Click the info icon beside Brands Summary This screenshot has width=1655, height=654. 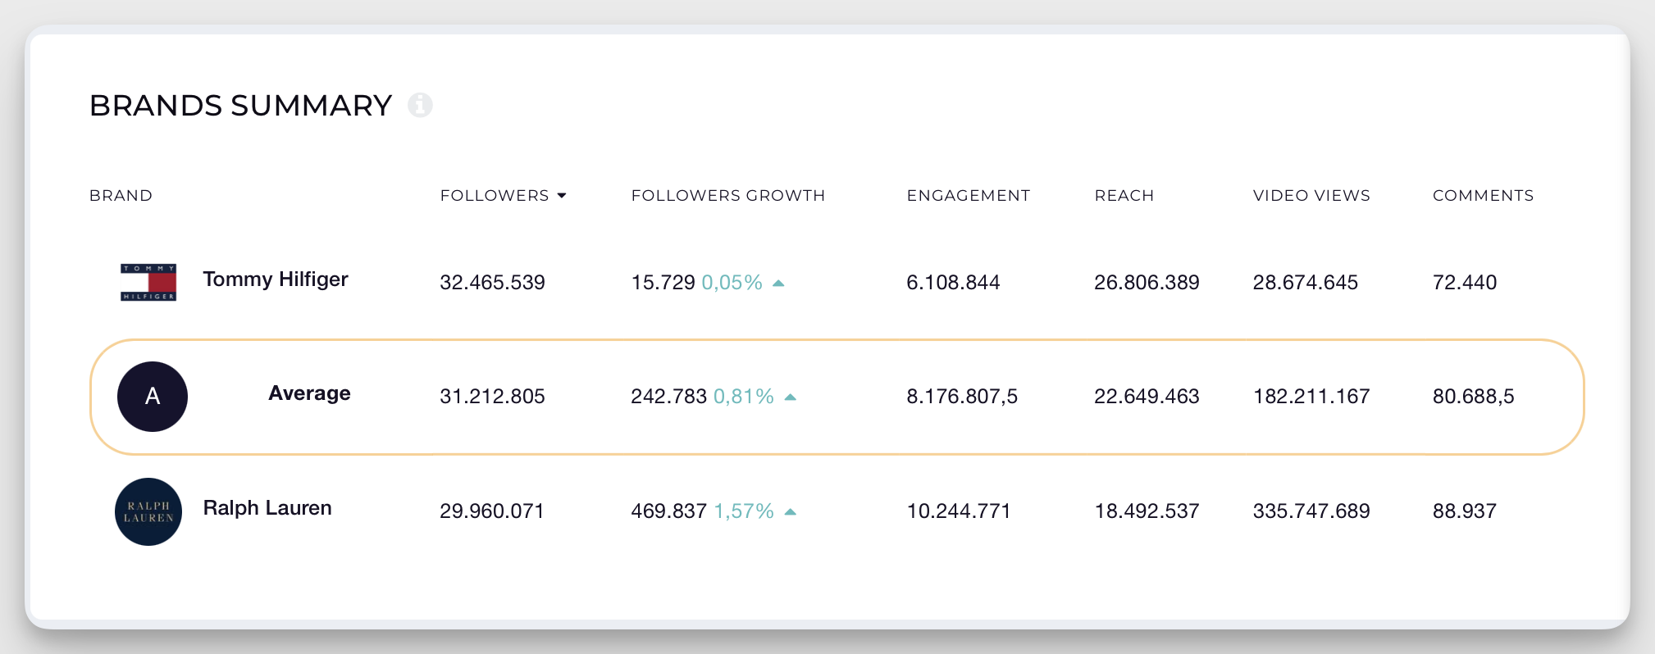421,105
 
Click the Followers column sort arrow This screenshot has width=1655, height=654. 562,196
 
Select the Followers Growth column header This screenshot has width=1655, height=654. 727,196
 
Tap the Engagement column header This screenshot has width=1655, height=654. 968,196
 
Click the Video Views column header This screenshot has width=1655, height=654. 1311,196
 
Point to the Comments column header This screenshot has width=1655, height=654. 1482,196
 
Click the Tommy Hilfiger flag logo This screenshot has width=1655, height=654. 148,282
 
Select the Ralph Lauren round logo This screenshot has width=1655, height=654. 148,511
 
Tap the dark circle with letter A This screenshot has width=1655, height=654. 153,397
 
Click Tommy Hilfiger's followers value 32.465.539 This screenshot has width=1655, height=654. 492,283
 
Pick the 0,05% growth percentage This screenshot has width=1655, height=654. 732,283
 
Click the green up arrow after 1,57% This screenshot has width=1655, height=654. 791,511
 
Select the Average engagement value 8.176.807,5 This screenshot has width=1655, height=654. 961,397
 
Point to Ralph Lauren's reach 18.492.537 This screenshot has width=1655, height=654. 1146,511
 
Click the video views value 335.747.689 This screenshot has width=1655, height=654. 1311,511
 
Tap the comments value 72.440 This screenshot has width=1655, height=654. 1464,283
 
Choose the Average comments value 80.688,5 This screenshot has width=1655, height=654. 1473,397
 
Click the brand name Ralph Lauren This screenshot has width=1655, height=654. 267,508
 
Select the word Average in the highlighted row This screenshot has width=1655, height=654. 309,393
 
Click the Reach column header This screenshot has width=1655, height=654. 1124,196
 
